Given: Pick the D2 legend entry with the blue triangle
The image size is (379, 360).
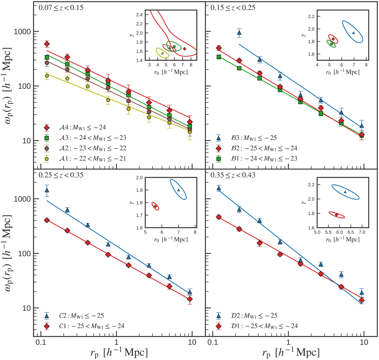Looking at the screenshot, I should tap(248, 315).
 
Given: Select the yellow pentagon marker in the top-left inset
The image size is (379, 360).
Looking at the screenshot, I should tap(162, 53).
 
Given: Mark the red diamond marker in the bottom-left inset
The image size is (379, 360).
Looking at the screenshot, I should tap(155, 206).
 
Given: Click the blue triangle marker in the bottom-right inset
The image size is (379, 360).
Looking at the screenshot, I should tap(345, 192).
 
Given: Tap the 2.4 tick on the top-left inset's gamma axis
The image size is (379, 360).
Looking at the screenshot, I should tap(139, 15).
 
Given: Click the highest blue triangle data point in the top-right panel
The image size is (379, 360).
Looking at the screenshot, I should tap(239, 33).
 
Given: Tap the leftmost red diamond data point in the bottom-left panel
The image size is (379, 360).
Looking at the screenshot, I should tap(47, 220).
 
